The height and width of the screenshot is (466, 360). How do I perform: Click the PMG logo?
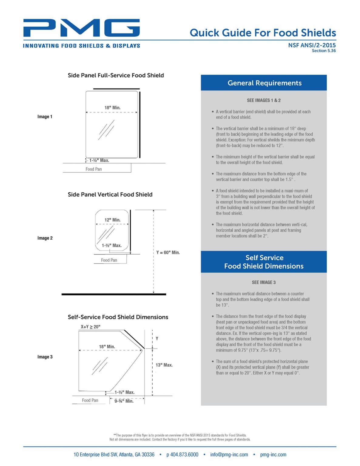coord(81,28)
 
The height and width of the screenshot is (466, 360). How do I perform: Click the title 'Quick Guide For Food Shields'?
coord(263,33)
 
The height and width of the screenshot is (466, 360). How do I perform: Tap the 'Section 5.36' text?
coord(324,51)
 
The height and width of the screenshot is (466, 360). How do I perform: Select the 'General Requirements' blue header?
coord(264,83)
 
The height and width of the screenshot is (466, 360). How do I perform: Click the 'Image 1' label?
coord(45,116)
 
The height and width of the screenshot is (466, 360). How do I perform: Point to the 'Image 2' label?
coord(45,238)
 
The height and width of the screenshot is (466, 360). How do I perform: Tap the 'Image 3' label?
coord(45,357)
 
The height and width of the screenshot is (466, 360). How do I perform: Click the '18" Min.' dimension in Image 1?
coord(113,108)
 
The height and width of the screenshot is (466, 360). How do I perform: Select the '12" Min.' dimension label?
coord(113,220)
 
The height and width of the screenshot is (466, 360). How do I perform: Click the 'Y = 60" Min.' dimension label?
coord(168,252)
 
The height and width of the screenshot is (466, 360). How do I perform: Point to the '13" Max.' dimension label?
coord(164,365)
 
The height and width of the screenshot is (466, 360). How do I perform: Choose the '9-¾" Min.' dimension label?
coord(124,401)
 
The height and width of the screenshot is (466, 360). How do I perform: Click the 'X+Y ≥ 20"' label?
coord(90,327)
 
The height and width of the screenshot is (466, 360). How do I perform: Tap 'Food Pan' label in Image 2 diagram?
coord(109,260)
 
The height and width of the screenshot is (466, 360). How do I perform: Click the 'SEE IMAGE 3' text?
coord(264,282)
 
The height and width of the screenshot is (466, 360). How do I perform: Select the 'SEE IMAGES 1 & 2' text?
coord(264,100)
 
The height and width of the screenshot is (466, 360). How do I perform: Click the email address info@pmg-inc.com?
coord(229,454)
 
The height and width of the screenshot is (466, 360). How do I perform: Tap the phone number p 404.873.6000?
coord(182,454)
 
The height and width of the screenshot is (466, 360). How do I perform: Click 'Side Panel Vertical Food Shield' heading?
coord(110,194)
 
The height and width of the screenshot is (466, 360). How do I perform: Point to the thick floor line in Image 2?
coord(114,294)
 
